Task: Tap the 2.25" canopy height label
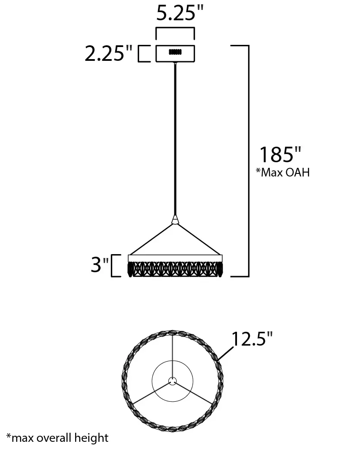coord(108,53)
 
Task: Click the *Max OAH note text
coord(283,172)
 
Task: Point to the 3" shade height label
coord(100,264)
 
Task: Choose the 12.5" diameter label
coord(252,339)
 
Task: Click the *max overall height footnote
coord(57,438)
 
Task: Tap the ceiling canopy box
coord(175,53)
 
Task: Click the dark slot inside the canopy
coord(175,52)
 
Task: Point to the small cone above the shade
coord(175,220)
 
